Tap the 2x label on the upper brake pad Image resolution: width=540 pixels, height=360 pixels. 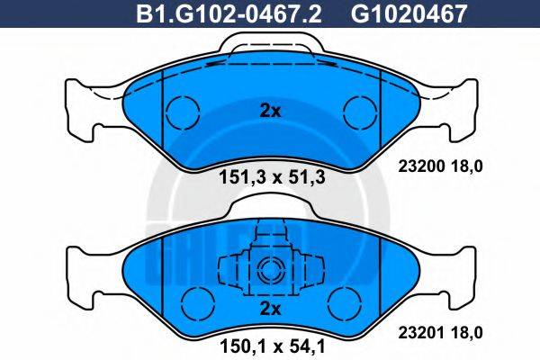coord(270,112)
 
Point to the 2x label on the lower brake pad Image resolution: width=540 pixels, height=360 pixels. coord(270,308)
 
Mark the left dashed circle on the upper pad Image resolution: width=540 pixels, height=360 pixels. coord(183,111)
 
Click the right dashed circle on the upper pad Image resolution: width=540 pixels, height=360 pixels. coord(359,111)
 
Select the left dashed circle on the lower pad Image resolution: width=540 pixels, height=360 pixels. coord(193,300)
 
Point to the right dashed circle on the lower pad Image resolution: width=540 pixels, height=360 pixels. coord(345,300)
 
